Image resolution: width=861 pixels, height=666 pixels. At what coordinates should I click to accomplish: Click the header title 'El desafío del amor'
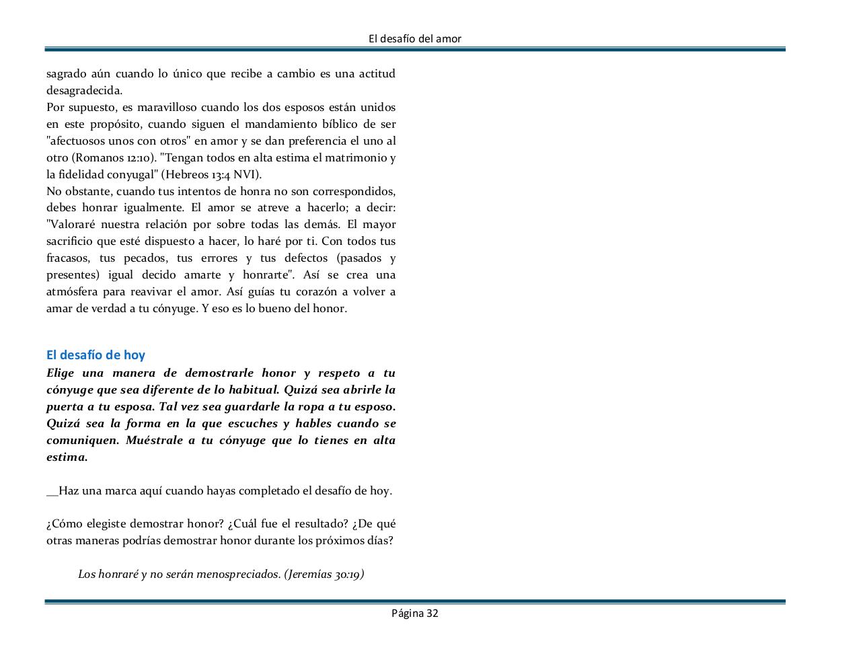click(x=415, y=39)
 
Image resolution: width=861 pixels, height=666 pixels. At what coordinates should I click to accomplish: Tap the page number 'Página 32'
click(x=415, y=613)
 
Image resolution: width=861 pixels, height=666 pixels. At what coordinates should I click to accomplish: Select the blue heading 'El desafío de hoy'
click(x=96, y=355)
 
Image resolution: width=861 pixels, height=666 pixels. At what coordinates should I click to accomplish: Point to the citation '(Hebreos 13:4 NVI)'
click(x=211, y=174)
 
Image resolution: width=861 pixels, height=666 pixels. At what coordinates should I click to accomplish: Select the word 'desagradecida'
click(x=83, y=91)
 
